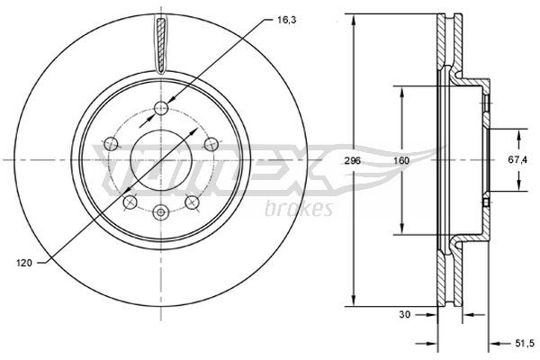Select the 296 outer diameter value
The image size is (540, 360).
point(352,160)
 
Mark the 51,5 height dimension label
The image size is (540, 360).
point(523,343)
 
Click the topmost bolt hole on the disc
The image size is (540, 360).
point(161,109)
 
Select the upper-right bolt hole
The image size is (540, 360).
point(211,142)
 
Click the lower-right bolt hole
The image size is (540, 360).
point(192,201)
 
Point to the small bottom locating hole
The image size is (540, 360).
point(161,213)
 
